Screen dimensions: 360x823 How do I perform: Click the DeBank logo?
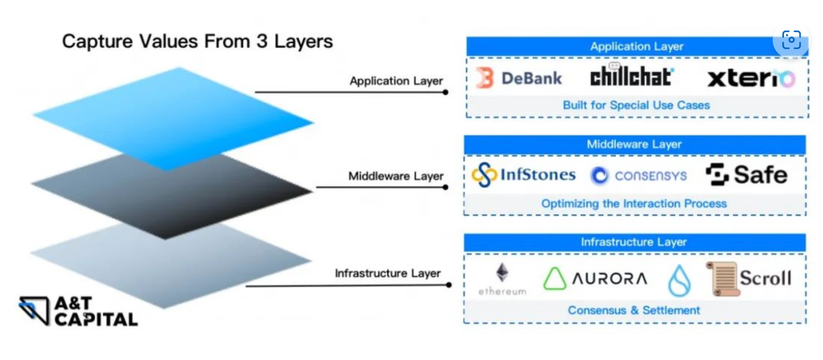point(519,78)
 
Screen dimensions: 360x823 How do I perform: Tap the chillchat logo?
point(632,76)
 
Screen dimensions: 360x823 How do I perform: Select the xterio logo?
point(751,78)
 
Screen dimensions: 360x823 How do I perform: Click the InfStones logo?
point(524,175)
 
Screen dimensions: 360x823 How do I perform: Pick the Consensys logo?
point(638,175)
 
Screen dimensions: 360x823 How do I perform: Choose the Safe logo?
point(746,175)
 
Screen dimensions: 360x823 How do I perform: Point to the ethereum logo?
point(502,279)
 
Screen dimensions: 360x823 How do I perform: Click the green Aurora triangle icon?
point(554,278)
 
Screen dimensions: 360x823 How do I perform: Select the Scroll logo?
point(749,278)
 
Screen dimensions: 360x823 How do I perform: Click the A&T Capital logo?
point(78,311)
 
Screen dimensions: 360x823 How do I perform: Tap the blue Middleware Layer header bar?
point(634,144)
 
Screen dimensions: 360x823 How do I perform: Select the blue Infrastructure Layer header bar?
point(634,242)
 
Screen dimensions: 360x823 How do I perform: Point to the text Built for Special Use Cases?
point(636,105)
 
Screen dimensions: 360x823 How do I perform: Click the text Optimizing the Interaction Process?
point(634,204)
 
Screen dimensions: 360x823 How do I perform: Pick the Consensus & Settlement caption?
point(634,310)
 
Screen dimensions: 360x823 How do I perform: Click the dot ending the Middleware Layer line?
point(445,187)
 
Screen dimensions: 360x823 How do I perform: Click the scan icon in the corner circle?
point(791,40)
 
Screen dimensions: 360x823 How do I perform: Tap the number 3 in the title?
point(262,42)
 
